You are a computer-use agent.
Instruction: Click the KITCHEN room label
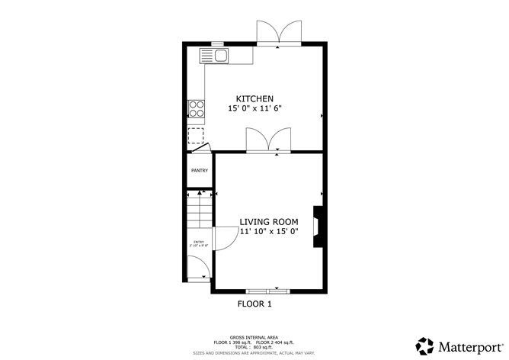[254, 98]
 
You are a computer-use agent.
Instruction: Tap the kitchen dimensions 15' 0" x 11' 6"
[254, 109]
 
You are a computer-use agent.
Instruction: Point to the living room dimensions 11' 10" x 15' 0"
[269, 231]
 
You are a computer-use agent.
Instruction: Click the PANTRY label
[200, 170]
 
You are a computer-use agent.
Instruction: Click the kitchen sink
[215, 55]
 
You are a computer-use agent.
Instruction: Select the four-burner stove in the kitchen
[196, 110]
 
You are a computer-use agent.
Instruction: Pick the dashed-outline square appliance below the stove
[197, 137]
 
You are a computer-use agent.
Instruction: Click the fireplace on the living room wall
[319, 227]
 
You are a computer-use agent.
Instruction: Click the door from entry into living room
[222, 239]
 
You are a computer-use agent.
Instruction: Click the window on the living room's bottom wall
[268, 291]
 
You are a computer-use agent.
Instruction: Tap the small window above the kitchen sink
[217, 43]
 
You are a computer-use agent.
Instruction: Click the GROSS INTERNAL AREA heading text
[254, 336]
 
